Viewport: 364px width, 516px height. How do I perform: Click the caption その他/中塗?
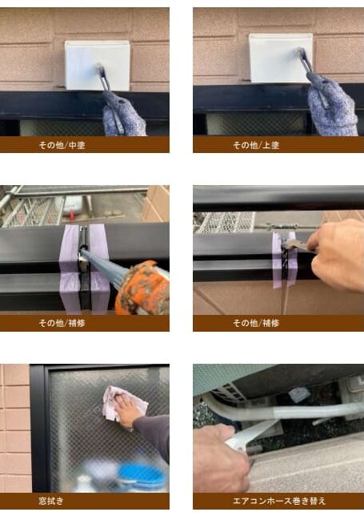tap(84, 145)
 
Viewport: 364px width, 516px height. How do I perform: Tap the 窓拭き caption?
tap(84, 501)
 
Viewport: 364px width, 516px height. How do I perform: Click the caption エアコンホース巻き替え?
tap(278, 501)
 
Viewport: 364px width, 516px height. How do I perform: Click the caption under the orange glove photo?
tap(84, 323)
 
